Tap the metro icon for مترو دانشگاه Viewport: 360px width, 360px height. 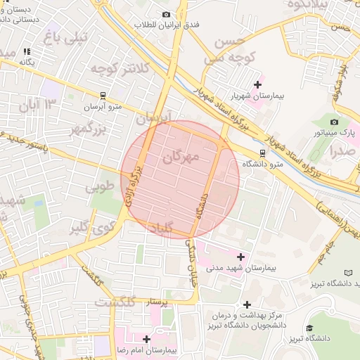click(x=262, y=152)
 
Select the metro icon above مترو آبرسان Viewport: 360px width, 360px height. click(x=103, y=95)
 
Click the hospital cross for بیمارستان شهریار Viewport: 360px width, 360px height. click(x=257, y=84)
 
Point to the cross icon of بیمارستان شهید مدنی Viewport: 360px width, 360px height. click(x=242, y=257)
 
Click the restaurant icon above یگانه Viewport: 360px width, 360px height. click(x=27, y=51)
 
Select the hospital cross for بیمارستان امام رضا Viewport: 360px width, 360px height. click(x=146, y=339)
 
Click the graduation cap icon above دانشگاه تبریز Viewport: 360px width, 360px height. click(x=309, y=328)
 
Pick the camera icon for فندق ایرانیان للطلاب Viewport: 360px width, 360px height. click(x=166, y=14)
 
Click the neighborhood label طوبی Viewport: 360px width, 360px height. click(x=99, y=188)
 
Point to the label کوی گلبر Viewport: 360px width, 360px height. click(x=94, y=227)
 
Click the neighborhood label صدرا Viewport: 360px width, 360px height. click(x=341, y=150)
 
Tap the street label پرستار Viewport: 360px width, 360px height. click(x=157, y=303)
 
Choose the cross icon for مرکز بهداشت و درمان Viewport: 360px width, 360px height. click(x=246, y=304)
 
